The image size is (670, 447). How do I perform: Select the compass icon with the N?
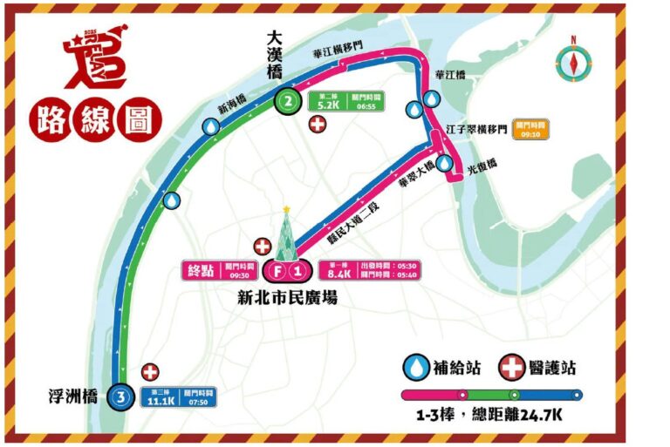point(573,60)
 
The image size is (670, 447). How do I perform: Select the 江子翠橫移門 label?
point(477,129)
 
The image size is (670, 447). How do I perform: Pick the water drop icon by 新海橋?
point(210,127)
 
